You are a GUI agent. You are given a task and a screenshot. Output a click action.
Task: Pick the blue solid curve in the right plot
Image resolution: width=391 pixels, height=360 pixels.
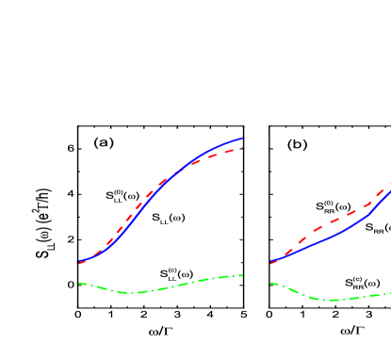click(330, 238)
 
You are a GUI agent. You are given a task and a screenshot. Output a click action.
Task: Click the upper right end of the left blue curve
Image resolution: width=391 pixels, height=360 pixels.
click(242, 139)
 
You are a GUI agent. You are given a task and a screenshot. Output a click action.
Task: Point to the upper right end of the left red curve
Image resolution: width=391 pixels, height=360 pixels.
click(242, 147)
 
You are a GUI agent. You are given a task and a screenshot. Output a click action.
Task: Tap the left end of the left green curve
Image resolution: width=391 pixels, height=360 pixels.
click(78, 282)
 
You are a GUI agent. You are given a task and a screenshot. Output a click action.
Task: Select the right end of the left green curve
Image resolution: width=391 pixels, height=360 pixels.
click(243, 275)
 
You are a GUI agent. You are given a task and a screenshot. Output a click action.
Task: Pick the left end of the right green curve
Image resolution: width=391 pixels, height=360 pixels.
click(271, 282)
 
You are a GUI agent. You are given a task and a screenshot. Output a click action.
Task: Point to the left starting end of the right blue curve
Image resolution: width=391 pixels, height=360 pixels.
click(271, 263)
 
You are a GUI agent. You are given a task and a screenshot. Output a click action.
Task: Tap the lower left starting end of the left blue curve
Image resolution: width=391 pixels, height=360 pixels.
click(78, 263)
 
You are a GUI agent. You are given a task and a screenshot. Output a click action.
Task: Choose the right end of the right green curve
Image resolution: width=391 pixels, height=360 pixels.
click(389, 294)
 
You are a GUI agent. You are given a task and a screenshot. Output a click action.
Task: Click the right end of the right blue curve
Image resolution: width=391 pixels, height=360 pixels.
click(389, 191)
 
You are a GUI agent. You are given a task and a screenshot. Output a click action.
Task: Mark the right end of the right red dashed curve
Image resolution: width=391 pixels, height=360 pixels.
click(389, 184)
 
